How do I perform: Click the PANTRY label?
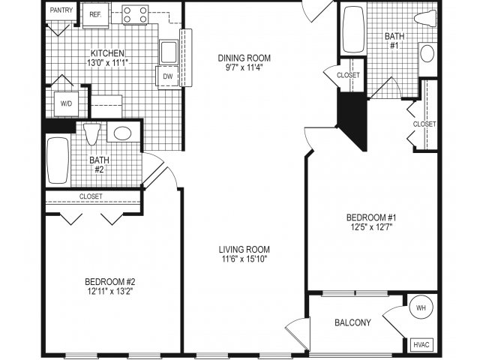(61, 10)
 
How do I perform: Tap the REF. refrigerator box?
(95, 15)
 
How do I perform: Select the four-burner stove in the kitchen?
(135, 15)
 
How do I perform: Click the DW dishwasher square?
(167, 76)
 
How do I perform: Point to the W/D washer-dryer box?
(66, 103)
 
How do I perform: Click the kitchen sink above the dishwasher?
(168, 52)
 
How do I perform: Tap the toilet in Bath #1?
(425, 18)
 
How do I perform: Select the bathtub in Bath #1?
(353, 29)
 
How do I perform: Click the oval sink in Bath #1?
(427, 54)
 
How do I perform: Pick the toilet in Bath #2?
(91, 133)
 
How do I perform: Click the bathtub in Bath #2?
(58, 160)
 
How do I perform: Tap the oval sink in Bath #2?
(123, 133)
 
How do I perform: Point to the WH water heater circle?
(421, 307)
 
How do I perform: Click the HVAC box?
(421, 345)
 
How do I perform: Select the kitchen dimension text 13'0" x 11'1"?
(107, 63)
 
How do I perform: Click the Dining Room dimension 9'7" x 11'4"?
(244, 67)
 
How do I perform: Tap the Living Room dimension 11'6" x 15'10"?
(244, 259)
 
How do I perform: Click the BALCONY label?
(352, 322)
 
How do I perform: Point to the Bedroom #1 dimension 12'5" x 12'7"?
(371, 227)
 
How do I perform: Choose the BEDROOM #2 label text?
(110, 281)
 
